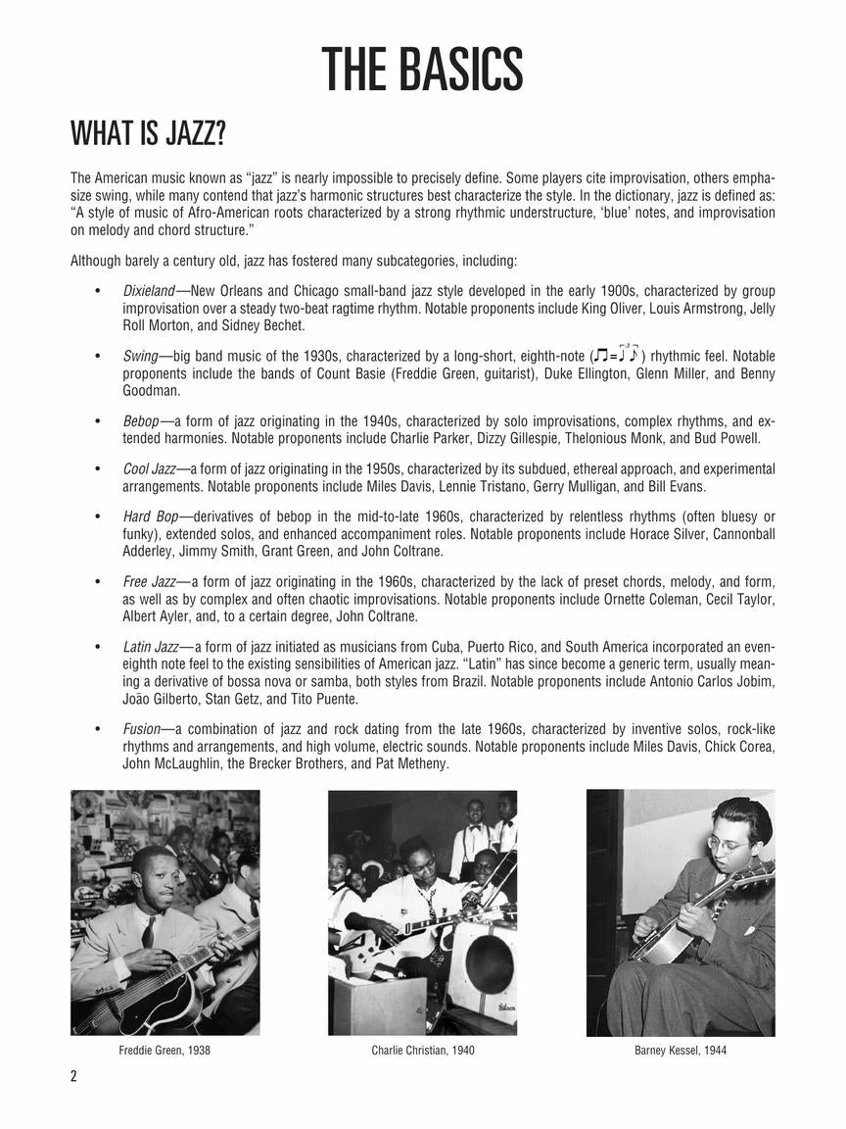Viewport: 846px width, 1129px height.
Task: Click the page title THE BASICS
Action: tap(422, 70)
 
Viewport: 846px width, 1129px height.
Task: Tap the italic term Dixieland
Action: tap(148, 291)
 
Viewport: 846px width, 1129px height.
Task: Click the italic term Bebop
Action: tap(141, 420)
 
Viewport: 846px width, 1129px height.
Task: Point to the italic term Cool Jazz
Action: tap(149, 468)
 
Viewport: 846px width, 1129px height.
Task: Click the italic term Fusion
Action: tap(141, 728)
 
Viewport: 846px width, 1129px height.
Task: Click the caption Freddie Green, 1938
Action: tap(164, 1051)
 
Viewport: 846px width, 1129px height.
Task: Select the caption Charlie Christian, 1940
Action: tap(422, 1051)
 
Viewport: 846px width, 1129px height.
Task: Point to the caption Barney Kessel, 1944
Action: tap(681, 1051)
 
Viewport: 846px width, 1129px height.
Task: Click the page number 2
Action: tap(73, 1076)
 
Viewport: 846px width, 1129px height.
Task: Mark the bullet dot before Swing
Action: tap(97, 356)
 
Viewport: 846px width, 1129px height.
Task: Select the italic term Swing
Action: tap(141, 356)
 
